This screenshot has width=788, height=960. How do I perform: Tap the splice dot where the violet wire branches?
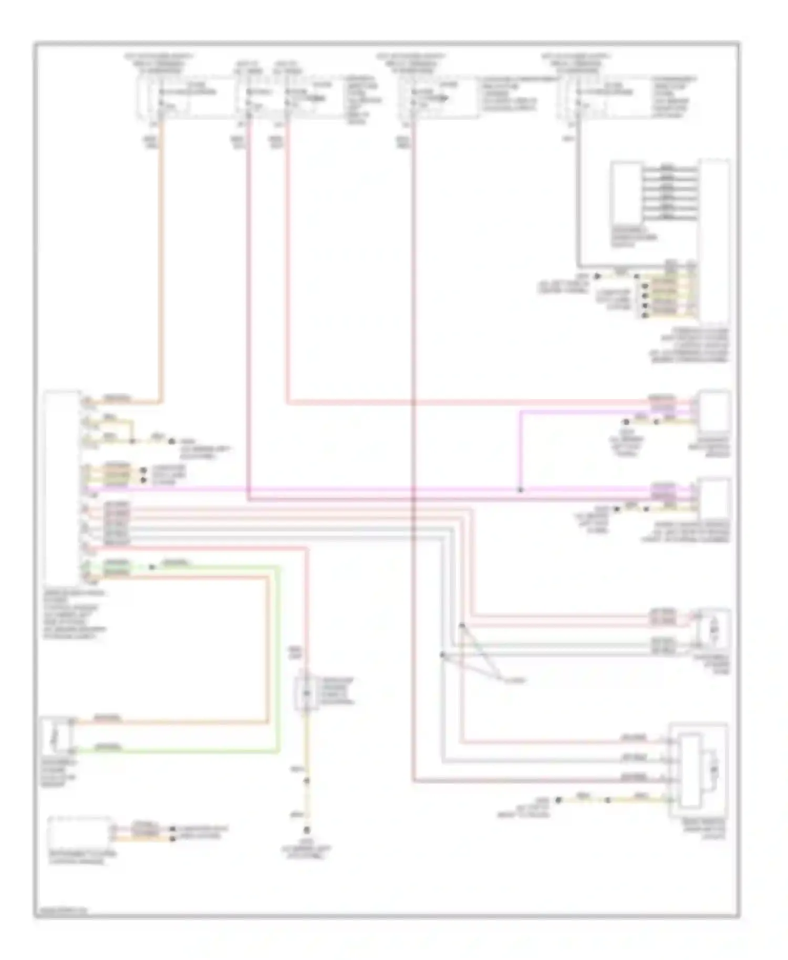520,489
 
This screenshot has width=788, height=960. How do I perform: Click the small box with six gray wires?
626,194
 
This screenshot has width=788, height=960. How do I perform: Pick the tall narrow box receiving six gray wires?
713,242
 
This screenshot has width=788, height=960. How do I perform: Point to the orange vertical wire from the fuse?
160,263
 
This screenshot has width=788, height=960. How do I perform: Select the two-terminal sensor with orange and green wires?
57,735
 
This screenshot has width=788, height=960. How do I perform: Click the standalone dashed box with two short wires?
79,833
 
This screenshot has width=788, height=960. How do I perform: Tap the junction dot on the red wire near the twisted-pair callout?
462,625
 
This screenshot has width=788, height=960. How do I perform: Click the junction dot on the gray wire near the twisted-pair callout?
442,655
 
